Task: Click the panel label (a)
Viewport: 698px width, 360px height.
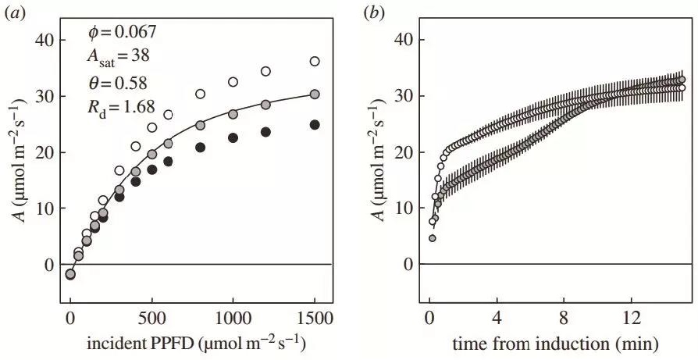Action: coord(13,10)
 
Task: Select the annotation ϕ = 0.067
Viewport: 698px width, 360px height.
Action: coord(123,33)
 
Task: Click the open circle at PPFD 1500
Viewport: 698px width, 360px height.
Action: coord(315,61)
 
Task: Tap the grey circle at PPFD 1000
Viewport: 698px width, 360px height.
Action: coord(233,114)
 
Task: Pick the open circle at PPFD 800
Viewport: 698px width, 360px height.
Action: coord(201,94)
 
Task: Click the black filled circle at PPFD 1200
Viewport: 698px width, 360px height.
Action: coord(265,132)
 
